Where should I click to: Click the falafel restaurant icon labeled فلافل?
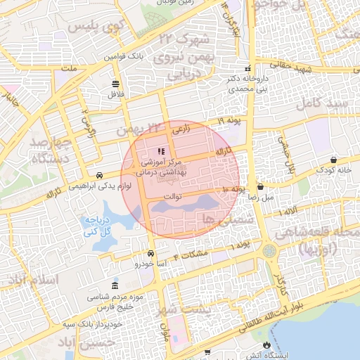[x=115, y=83]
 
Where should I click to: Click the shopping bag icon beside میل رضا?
[x=261, y=188]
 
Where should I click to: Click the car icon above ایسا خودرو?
[x=150, y=254]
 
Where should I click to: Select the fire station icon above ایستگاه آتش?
[x=266, y=344]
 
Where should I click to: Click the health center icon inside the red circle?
[x=160, y=151]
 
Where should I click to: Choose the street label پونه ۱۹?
[x=229, y=122]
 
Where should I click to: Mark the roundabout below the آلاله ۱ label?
[x=270, y=250]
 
